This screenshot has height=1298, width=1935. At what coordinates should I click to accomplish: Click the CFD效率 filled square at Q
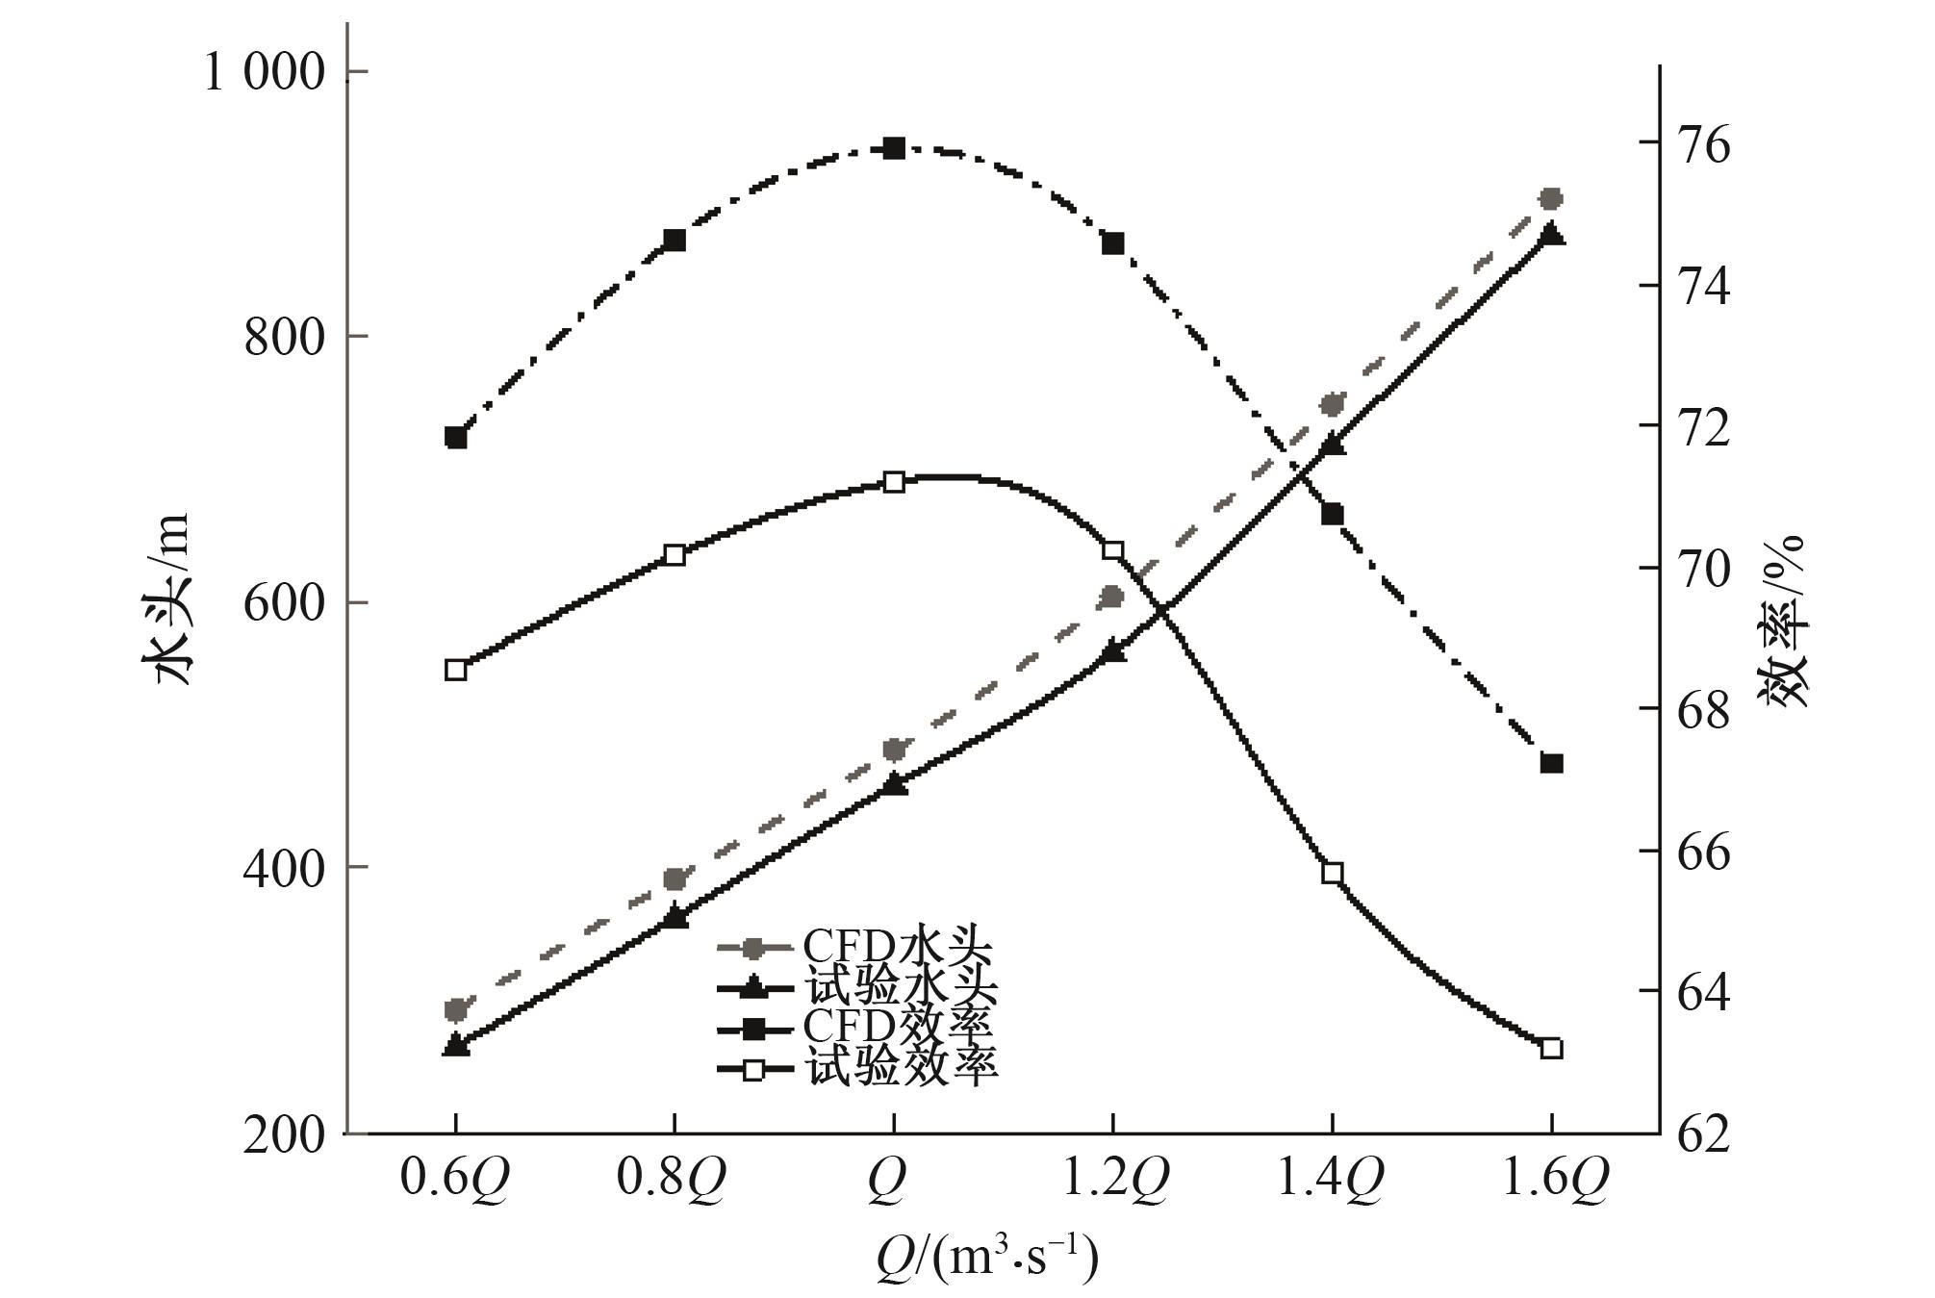894,148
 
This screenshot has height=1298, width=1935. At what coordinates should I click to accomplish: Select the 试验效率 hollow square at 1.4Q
1333,874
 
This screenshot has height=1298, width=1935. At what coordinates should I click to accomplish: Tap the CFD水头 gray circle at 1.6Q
1550,199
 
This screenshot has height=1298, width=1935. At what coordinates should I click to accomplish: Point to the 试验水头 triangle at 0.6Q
456,1045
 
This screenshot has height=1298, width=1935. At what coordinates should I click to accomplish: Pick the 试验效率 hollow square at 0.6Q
456,671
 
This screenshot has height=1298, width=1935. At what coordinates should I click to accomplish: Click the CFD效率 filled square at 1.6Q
1551,763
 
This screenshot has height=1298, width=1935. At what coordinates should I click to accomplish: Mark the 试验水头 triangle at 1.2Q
1113,651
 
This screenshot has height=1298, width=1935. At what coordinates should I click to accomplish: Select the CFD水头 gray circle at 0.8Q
675,878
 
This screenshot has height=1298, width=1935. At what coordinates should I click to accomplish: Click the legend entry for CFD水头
856,948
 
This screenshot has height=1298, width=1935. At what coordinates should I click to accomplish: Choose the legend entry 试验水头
856,988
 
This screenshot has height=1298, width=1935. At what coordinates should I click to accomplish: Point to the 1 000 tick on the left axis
266,72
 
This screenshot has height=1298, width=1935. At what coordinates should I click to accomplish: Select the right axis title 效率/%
1785,621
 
